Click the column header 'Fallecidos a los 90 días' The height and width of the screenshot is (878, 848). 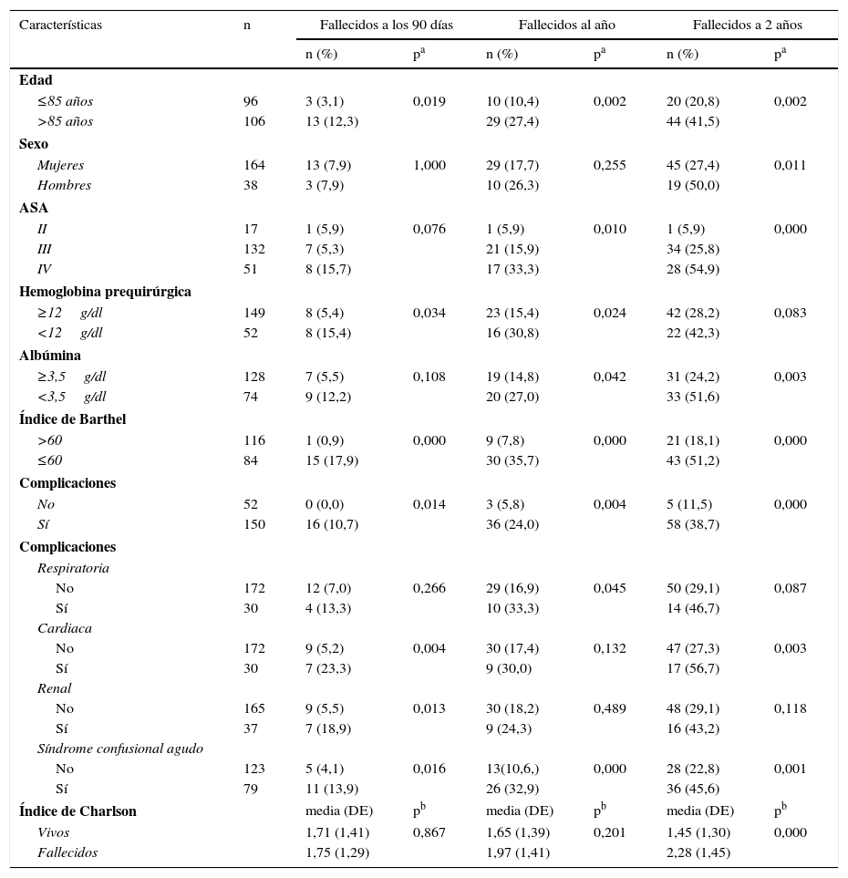pyautogui.click(x=386, y=25)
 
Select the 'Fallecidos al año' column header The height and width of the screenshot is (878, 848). pyautogui.click(x=566, y=25)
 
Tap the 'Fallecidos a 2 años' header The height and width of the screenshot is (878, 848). pyautogui.click(x=747, y=25)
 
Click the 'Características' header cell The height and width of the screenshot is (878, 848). pyautogui.click(x=60, y=25)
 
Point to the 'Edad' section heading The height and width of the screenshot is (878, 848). pyautogui.click(x=36, y=80)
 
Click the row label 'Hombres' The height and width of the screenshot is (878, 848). pyautogui.click(x=64, y=185)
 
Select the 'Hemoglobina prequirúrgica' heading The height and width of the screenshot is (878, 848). pyautogui.click(x=105, y=292)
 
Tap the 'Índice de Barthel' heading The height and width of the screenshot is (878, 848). pyautogui.click(x=72, y=419)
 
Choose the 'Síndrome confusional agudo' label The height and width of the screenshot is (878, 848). pyautogui.click(x=119, y=749)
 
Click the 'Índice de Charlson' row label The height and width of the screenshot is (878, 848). pyautogui.click(x=78, y=811)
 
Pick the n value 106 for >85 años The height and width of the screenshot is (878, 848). pyautogui.click(x=253, y=121)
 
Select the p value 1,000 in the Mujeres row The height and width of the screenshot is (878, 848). pyautogui.click(x=429, y=165)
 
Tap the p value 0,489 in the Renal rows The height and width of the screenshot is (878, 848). pyautogui.click(x=609, y=708)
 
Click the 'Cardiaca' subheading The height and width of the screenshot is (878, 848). pyautogui.click(x=64, y=628)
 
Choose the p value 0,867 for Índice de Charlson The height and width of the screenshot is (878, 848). pyautogui.click(x=429, y=832)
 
